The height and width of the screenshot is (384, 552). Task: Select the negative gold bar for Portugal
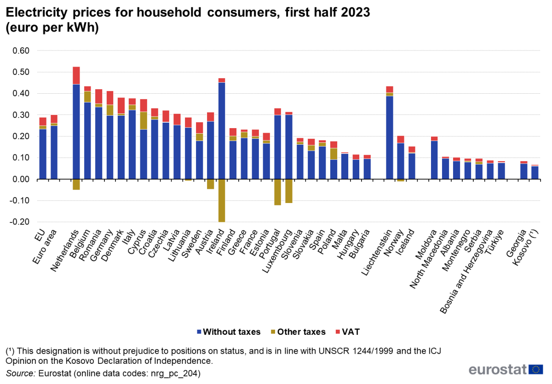pos(277,192)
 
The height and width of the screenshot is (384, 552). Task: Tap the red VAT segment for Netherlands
pos(76,75)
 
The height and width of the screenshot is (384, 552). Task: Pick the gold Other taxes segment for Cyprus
pos(144,120)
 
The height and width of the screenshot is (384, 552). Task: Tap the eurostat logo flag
pos(536,369)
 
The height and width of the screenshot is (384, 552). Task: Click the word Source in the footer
pos(18,373)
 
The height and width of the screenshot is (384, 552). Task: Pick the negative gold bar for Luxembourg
pos(288,191)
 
